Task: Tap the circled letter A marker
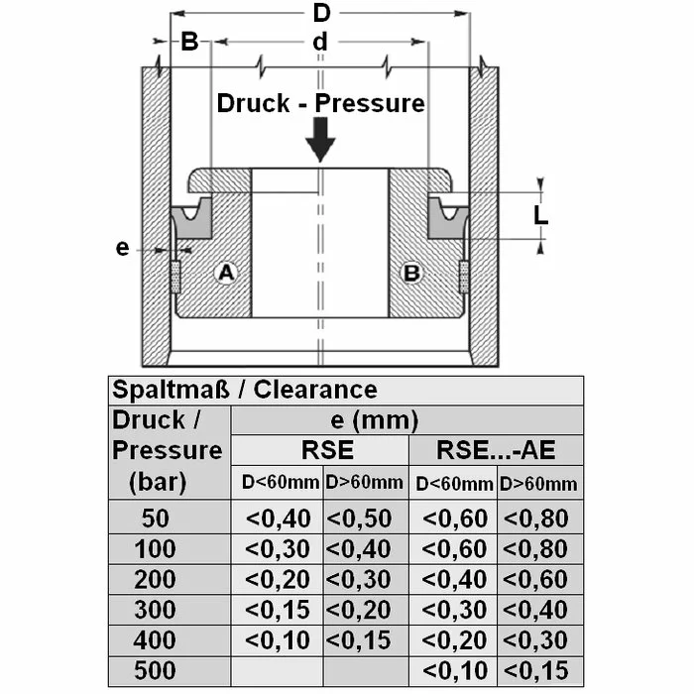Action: pos(226,273)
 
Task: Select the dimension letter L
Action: pos(540,214)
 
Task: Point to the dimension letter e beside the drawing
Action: pos(122,247)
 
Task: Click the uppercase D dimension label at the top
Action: pos(320,14)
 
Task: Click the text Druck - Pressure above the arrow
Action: pos(320,103)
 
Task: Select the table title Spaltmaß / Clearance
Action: pos(245,390)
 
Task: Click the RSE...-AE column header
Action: pos(496,450)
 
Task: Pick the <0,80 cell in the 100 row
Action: pos(540,548)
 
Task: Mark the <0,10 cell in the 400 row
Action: pos(278,639)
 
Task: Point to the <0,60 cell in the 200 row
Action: pos(540,579)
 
